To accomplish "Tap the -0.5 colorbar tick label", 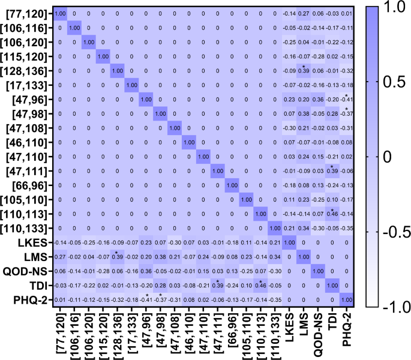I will pyautogui.click(x=392, y=232).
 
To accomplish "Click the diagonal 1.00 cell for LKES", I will pyautogui.click(x=292, y=242).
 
